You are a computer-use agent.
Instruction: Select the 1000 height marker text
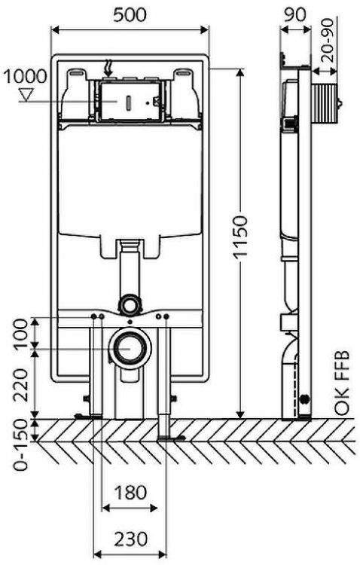click(x=25, y=76)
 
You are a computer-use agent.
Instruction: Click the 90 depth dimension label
click(x=296, y=13)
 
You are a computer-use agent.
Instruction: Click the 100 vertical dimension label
click(x=20, y=333)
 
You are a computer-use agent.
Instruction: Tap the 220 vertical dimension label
click(x=20, y=382)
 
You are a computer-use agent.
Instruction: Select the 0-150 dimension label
click(x=20, y=447)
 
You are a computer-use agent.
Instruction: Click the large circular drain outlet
click(x=129, y=350)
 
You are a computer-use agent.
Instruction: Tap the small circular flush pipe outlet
click(x=130, y=304)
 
